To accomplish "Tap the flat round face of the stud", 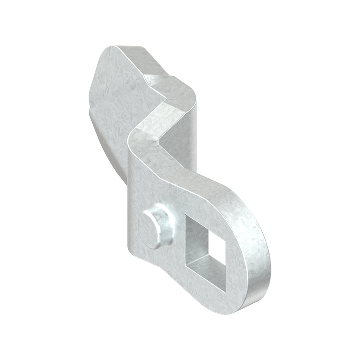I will pos(148,229).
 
